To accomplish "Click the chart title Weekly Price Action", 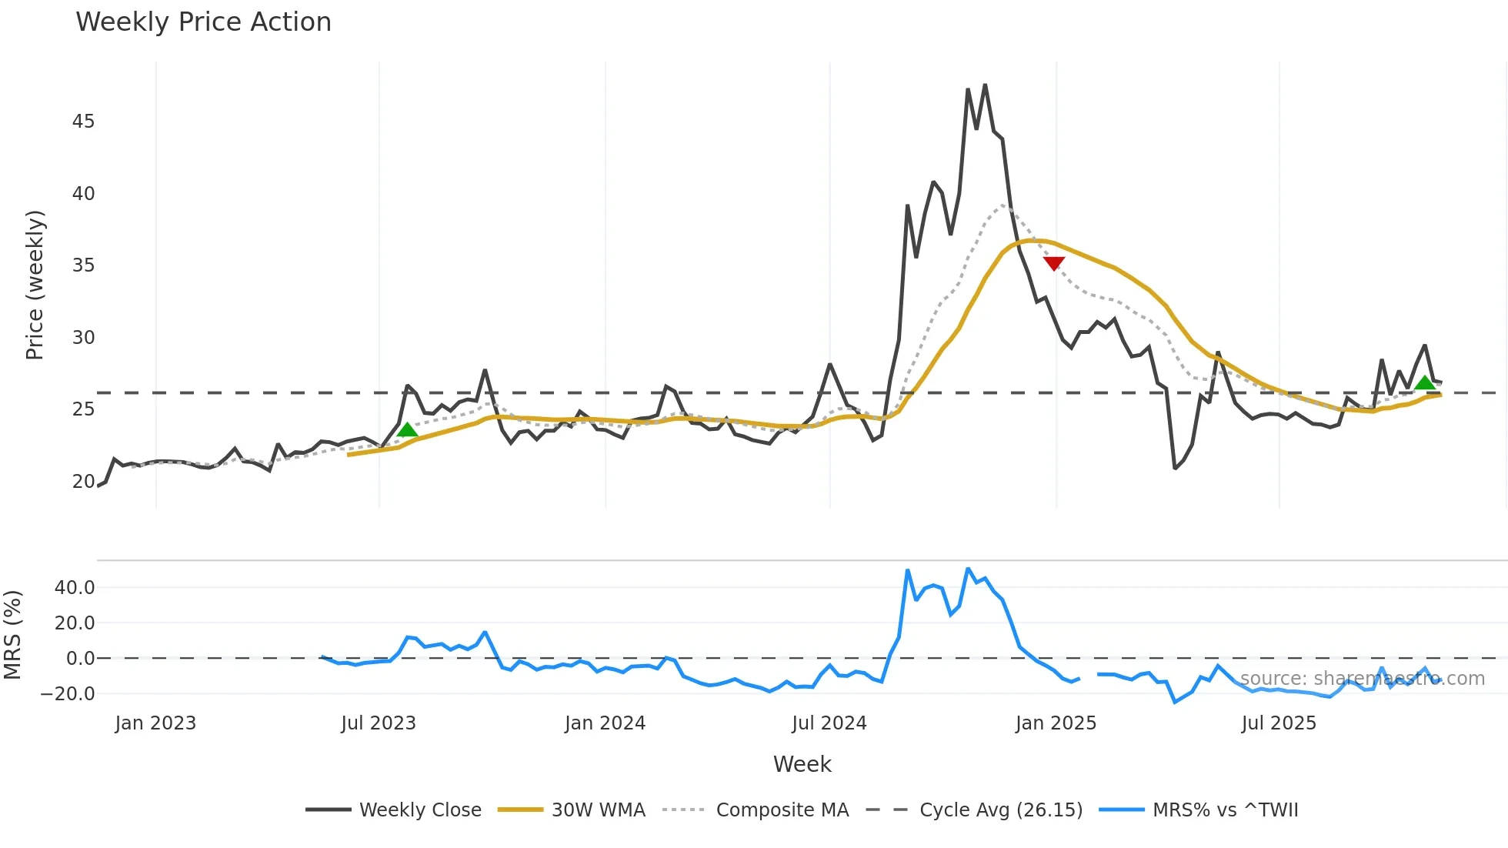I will coord(203,22).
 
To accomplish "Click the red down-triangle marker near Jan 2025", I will coord(1053,263).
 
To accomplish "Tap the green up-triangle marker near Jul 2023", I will coord(407,429).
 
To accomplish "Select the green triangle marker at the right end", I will coord(1425,383).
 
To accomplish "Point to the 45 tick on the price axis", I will coord(83,122).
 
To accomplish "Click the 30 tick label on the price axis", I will coord(83,338).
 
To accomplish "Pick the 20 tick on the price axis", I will coord(83,482).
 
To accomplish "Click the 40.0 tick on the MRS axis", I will coord(75,588).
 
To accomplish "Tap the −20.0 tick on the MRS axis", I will coord(68,694).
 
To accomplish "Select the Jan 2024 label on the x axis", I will coord(605,723).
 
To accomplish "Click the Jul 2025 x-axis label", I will coord(1279,723).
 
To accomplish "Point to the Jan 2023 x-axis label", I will coord(155,723).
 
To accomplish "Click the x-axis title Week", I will coord(802,764).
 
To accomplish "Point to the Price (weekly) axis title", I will coord(35,285).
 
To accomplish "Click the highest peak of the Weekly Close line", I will coord(985,85).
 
